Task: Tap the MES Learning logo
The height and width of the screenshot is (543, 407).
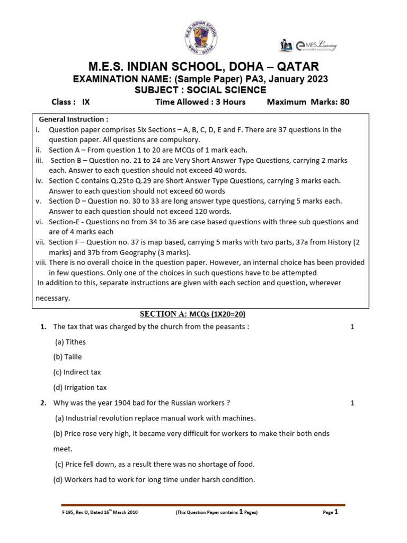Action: click(309, 46)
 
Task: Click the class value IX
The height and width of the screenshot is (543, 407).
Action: click(87, 102)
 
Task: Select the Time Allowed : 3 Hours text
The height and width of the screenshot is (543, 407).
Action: click(200, 102)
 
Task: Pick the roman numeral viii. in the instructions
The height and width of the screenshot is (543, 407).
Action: click(41, 262)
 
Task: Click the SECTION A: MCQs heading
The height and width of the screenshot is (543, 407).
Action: click(193, 314)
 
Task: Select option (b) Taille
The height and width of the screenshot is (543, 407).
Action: click(68, 357)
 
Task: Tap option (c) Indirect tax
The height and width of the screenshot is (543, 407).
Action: click(77, 372)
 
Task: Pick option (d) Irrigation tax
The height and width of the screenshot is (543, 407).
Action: click(80, 388)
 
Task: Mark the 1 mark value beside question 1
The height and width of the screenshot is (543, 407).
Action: click(352, 327)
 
